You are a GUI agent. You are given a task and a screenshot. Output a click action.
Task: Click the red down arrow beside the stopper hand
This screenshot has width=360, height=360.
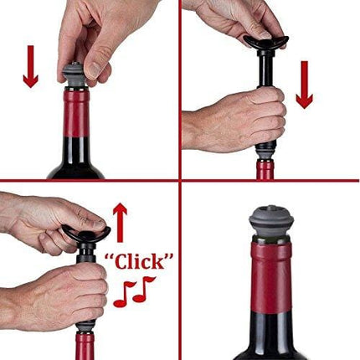point(31,67)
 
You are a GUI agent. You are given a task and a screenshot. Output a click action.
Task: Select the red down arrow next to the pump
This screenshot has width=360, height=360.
point(304,84)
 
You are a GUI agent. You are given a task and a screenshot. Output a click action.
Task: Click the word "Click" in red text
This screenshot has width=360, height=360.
point(143,262)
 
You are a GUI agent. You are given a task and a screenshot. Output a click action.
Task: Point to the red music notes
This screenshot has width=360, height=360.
point(134,291)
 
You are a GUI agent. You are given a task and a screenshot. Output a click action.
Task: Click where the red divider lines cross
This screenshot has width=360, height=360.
point(180,180)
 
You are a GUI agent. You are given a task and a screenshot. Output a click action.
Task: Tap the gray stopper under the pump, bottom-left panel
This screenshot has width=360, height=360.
point(85,322)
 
